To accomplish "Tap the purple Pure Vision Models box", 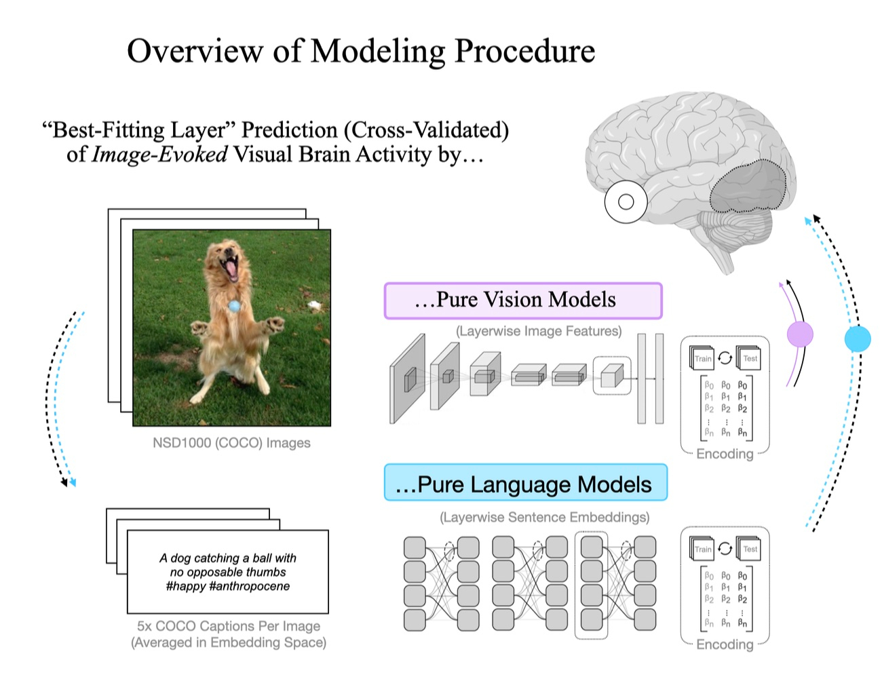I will point(522,300).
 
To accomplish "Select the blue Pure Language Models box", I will point(525,484).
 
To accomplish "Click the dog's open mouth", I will point(231,267).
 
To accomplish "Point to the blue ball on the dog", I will point(234,306).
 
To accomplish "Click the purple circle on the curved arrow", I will point(800,334).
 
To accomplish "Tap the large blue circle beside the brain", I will point(857,338).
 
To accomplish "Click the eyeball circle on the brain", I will point(626,201).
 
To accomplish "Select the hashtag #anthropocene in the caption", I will point(250,586).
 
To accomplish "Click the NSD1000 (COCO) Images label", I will point(231,443).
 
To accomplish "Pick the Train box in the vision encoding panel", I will point(702,359).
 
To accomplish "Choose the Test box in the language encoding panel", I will point(750,549).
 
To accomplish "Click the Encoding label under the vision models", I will point(725,454).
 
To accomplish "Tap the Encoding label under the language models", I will point(725,644).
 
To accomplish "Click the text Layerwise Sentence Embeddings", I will point(544,518).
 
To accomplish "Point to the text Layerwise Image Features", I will point(539,331).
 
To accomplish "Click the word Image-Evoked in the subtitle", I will point(160,155).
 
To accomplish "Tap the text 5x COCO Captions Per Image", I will point(229,626).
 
